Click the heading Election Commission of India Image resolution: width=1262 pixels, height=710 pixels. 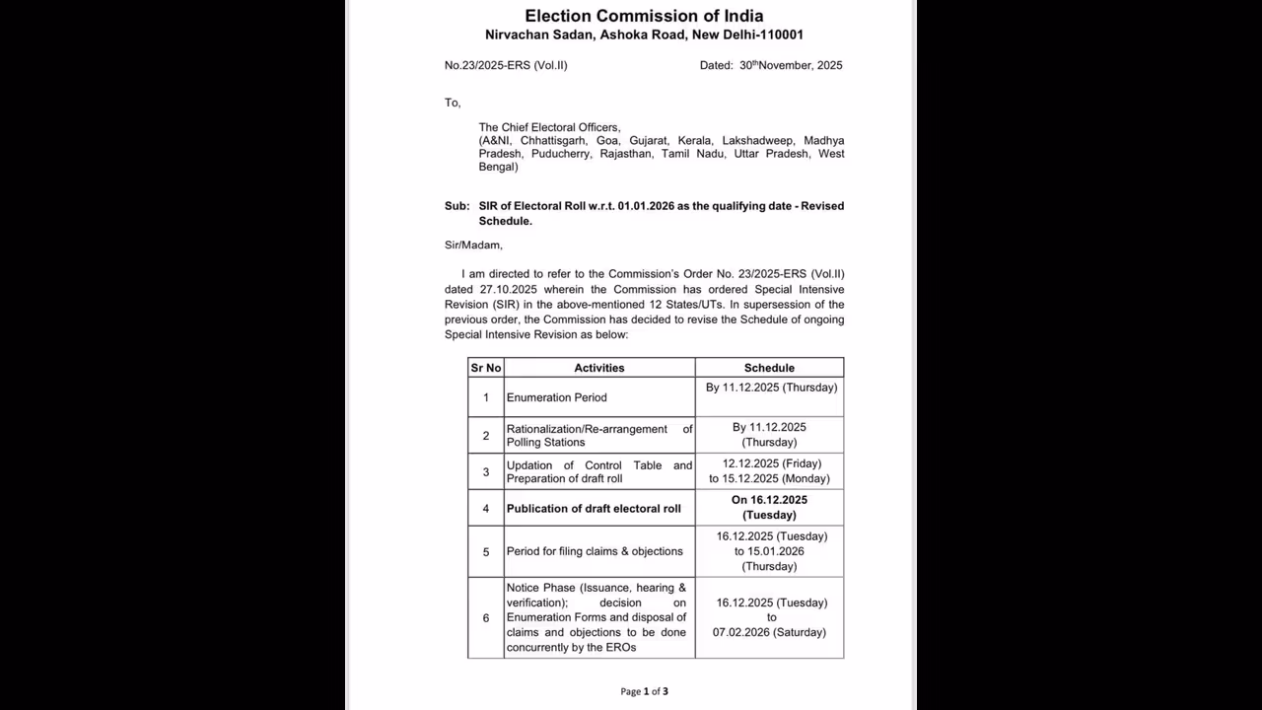tap(644, 16)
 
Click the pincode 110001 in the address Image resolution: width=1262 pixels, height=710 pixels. tap(779, 35)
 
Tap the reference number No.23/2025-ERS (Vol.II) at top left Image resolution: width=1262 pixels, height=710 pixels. tap(506, 66)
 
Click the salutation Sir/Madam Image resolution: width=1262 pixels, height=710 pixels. tap(473, 246)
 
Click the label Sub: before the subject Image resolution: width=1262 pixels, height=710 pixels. tap(456, 206)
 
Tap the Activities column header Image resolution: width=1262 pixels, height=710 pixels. tap(599, 368)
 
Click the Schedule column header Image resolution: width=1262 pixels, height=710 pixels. tap(769, 368)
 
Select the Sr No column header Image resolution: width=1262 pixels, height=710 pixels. tap(486, 368)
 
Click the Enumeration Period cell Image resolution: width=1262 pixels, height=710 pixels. tap(557, 397)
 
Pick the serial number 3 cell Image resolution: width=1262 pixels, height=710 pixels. tap(486, 472)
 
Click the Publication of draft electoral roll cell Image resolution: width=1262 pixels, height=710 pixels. tap(594, 509)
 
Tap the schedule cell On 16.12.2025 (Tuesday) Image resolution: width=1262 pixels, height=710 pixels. tap(769, 508)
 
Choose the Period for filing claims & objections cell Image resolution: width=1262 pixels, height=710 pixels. tap(595, 552)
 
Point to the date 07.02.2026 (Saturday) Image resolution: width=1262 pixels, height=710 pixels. tap(769, 632)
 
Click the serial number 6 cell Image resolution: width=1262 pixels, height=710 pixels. tap(486, 618)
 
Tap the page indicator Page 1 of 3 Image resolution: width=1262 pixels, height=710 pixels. tap(644, 691)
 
